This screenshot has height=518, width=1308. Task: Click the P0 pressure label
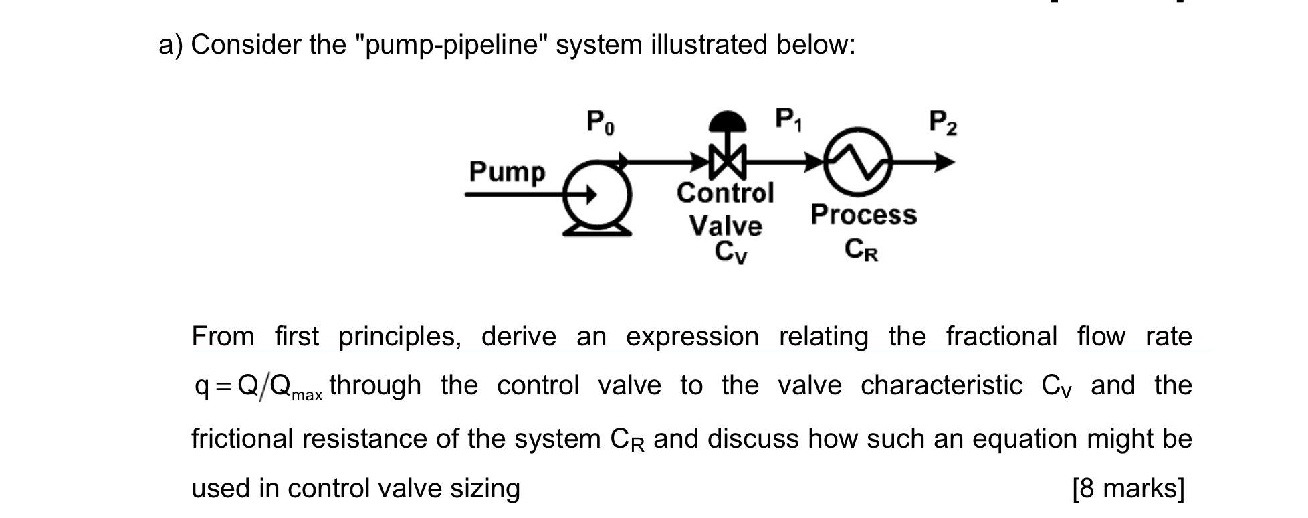pos(601,122)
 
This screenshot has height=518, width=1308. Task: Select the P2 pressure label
pos(943,122)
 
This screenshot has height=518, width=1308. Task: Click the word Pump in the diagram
pos(507,172)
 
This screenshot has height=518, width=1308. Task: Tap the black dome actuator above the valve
pos(726,122)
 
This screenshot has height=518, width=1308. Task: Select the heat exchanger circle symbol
pos(859,162)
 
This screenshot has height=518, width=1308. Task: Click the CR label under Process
pos(861,250)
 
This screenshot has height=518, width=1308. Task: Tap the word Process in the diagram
pos(863,215)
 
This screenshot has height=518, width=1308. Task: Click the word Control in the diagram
pos(725,193)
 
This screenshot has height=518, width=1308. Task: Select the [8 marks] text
pos(1127,488)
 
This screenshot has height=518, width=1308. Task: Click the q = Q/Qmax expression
pos(257,387)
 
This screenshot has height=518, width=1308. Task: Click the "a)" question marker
pos(170,45)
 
